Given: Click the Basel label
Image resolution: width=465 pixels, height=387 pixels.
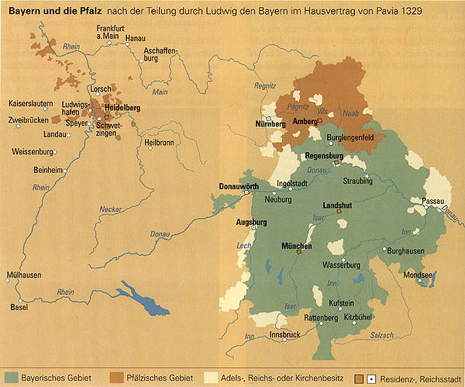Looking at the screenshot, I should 18,306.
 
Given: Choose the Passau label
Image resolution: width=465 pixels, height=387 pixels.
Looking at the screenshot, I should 432,201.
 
